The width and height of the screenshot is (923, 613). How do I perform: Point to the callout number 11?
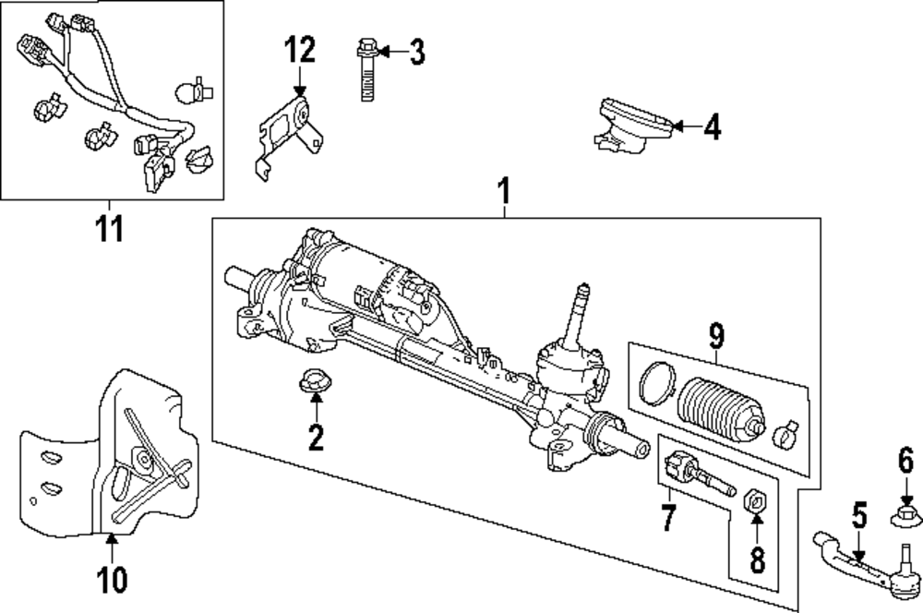pyautogui.click(x=110, y=227)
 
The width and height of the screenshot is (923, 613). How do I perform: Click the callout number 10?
pyautogui.click(x=111, y=580)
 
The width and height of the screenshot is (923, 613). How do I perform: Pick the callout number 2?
pyautogui.click(x=317, y=438)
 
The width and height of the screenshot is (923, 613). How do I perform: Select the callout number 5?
pyautogui.click(x=858, y=515)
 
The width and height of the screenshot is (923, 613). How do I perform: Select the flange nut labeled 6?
pyautogui.click(x=905, y=512)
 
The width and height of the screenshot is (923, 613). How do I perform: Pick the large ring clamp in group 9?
pyautogui.click(x=655, y=383)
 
